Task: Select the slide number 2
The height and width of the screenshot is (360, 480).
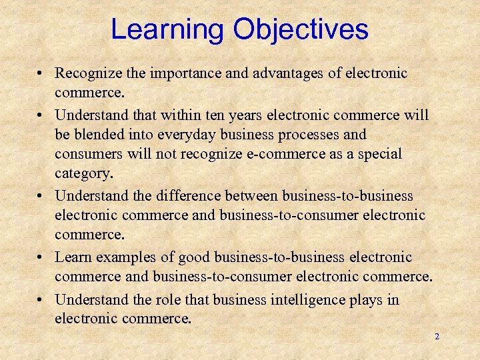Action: pyautogui.click(x=437, y=337)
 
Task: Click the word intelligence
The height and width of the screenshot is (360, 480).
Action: pyautogui.click(x=309, y=300)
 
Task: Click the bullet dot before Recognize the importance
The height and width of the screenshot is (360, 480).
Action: pyautogui.click(x=41, y=73)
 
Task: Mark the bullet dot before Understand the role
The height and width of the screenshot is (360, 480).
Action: pyautogui.click(x=41, y=300)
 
